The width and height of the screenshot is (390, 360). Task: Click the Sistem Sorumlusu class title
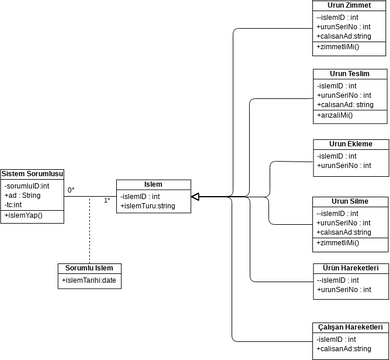click(x=32, y=174)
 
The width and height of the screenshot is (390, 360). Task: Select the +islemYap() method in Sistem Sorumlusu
click(x=24, y=215)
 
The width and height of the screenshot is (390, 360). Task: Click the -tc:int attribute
click(x=15, y=205)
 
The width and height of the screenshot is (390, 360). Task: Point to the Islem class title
click(x=153, y=184)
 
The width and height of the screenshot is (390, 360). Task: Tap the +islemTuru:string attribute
click(x=147, y=206)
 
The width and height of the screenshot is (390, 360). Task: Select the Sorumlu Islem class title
click(x=89, y=269)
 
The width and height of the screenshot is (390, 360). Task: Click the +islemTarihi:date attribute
click(x=90, y=281)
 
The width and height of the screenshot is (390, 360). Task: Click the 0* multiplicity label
click(x=71, y=190)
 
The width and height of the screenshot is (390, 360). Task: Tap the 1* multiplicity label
click(x=107, y=201)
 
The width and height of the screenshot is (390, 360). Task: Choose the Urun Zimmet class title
click(x=350, y=5)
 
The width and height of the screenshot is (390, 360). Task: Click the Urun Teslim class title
click(x=350, y=75)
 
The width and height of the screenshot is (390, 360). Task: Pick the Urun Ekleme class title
click(x=350, y=144)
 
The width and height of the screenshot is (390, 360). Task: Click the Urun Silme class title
click(x=350, y=201)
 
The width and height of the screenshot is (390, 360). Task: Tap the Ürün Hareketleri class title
click(x=350, y=269)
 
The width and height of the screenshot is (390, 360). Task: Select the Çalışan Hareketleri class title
click(x=350, y=327)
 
